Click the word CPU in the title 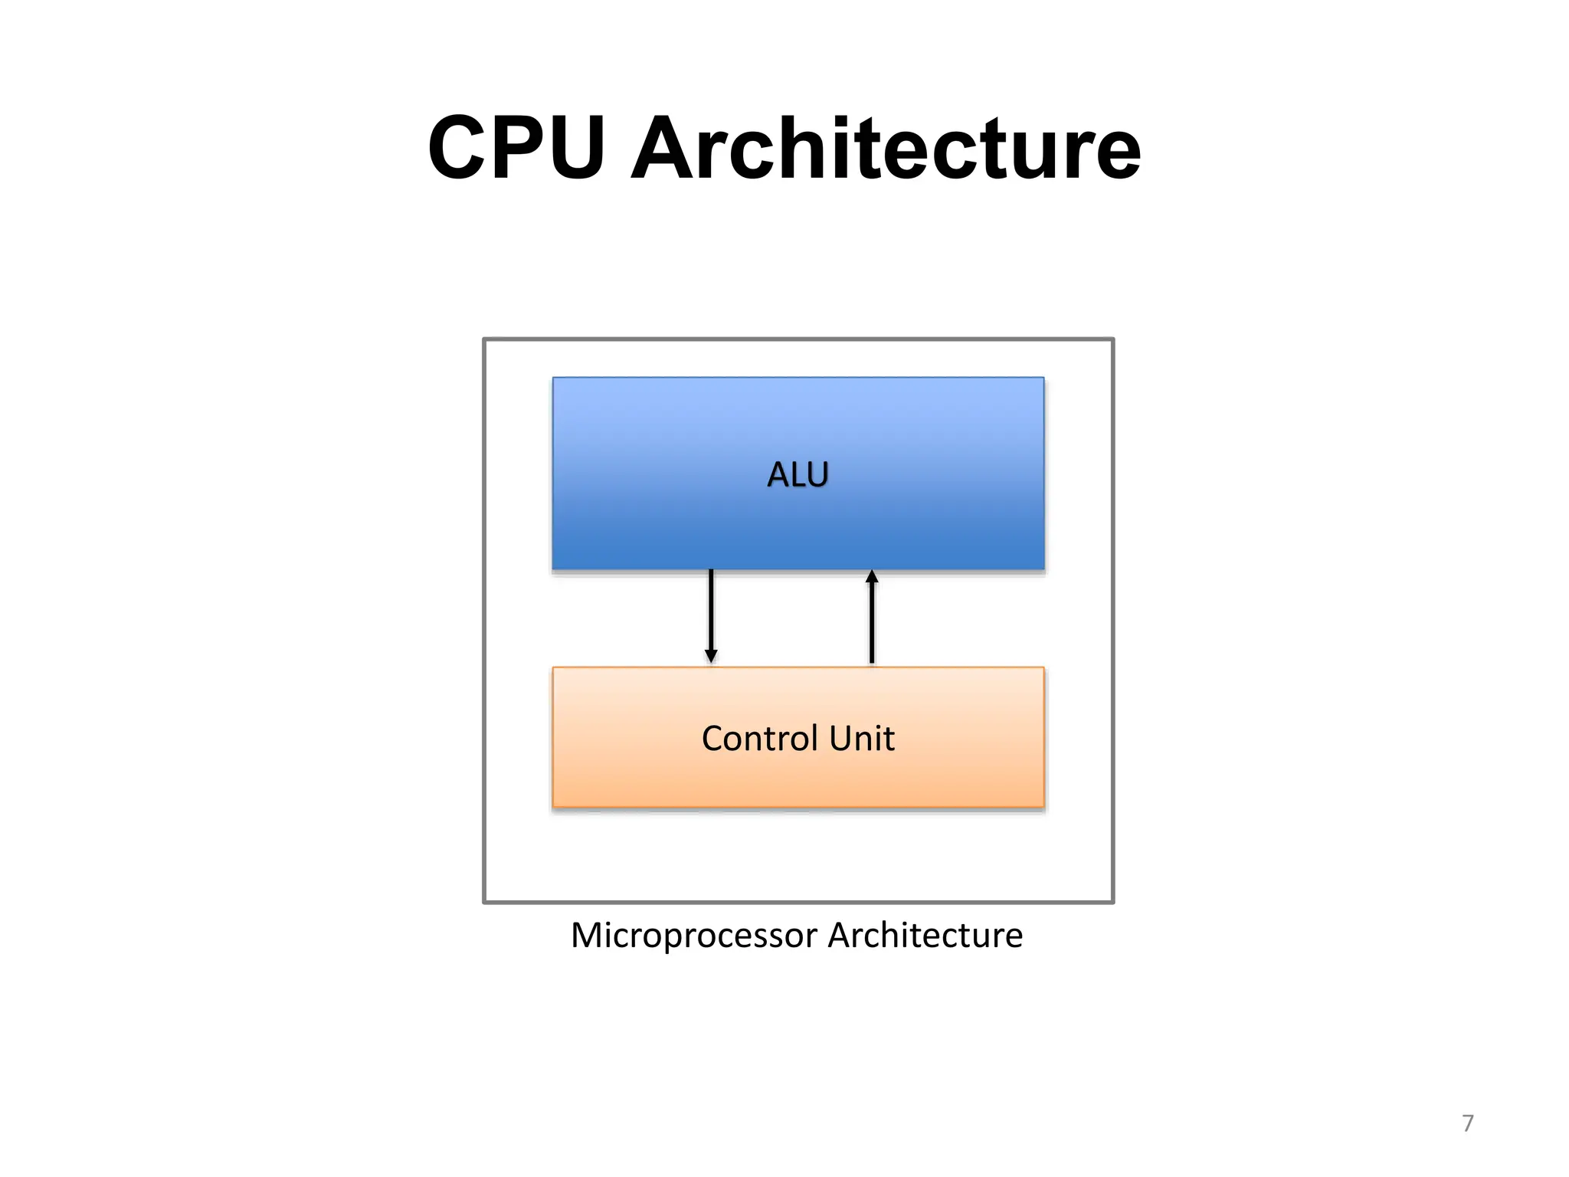click(x=517, y=148)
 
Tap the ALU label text click(x=798, y=474)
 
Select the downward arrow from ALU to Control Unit click(x=711, y=613)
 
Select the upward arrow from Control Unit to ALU click(x=872, y=621)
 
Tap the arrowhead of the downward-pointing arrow click(x=711, y=657)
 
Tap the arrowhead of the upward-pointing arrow click(x=872, y=576)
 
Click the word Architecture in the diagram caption click(x=925, y=936)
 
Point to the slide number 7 click(x=1467, y=1123)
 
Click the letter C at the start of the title click(x=457, y=148)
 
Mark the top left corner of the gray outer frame click(x=484, y=339)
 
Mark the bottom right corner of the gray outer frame click(x=1112, y=902)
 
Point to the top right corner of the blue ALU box click(x=1043, y=378)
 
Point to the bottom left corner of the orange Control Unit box click(x=553, y=806)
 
